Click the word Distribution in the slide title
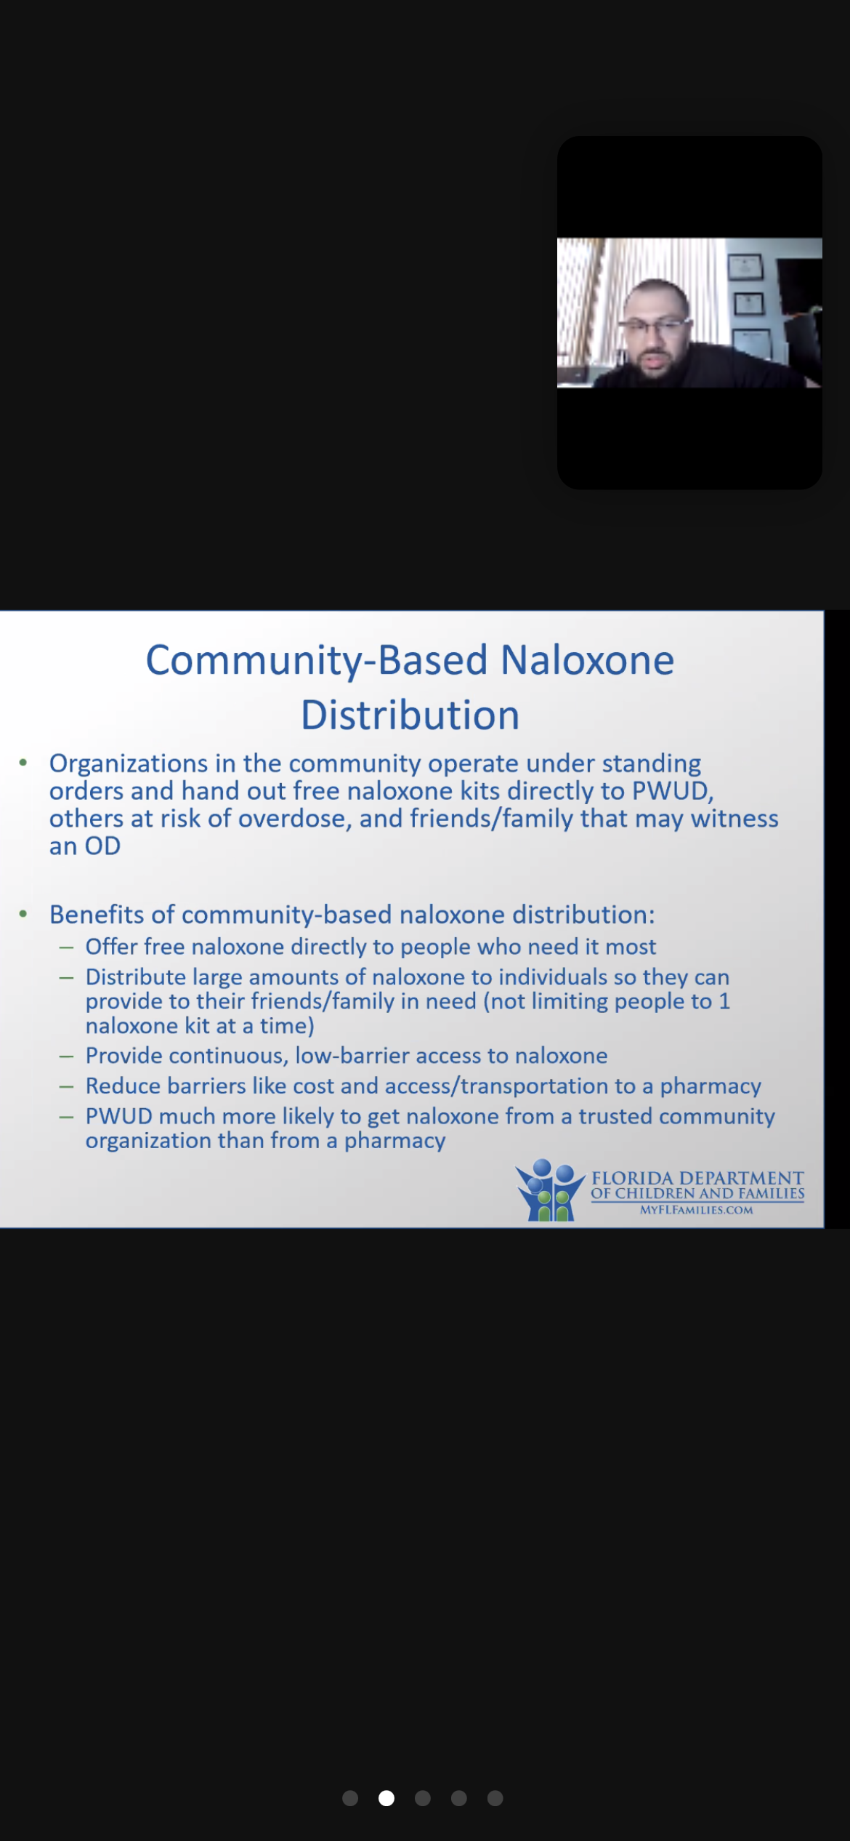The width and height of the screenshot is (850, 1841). pos(410,715)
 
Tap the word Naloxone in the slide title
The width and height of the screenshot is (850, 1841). pos(588,660)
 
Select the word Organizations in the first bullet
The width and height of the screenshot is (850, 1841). pos(129,764)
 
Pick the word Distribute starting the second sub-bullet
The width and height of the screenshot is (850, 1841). pos(136,976)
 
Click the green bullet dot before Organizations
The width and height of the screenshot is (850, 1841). pos(23,763)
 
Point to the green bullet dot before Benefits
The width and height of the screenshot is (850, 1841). pos(23,914)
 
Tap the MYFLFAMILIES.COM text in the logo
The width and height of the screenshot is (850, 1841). pos(696,1210)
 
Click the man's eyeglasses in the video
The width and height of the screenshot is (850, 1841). pos(656,326)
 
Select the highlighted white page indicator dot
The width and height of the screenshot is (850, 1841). pos(386,1798)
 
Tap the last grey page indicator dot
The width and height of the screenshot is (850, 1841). pos(495,1798)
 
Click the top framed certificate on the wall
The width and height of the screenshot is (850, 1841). pos(745,267)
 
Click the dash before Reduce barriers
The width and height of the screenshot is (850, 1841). pos(67,1087)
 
